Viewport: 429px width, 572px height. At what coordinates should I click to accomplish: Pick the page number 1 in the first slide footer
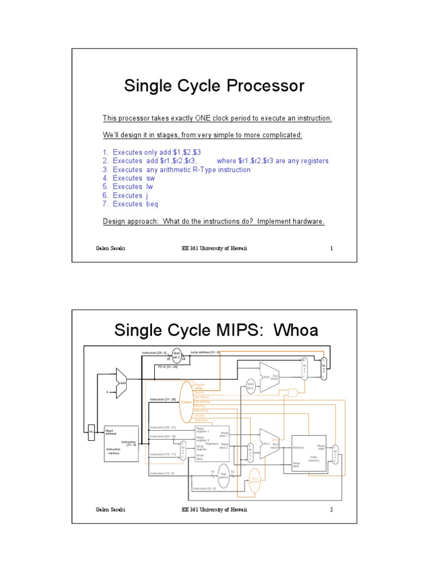[331, 248]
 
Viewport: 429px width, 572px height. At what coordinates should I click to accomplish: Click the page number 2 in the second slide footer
[331, 509]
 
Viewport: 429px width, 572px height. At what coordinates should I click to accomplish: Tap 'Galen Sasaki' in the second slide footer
[110, 509]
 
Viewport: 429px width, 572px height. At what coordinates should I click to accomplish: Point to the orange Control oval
[187, 402]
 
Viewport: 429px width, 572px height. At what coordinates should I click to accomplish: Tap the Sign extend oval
[223, 475]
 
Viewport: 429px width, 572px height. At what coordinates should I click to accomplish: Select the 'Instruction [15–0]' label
[162, 473]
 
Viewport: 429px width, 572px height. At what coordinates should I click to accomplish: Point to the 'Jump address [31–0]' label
[205, 352]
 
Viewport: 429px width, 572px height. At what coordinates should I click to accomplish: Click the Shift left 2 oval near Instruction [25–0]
[177, 355]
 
